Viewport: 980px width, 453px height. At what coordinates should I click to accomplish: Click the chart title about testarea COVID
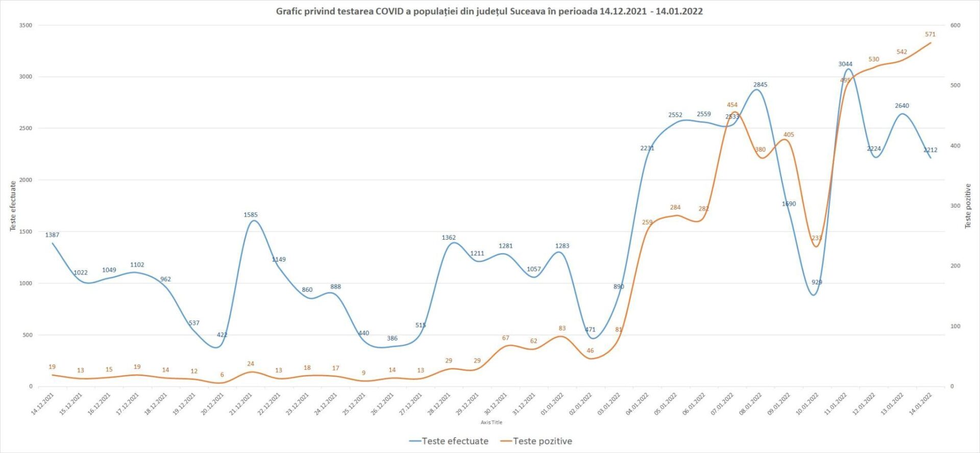[x=489, y=11]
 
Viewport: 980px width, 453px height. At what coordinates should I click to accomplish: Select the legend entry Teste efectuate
[x=449, y=441]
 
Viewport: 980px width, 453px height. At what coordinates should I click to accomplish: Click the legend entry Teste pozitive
[x=536, y=441]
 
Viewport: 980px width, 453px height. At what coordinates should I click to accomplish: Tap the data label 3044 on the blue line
[x=845, y=64]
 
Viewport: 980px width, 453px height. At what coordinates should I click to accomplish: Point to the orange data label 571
[x=930, y=35]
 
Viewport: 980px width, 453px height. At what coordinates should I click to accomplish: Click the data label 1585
[x=251, y=215]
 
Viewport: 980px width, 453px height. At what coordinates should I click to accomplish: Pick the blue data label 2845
[x=760, y=85]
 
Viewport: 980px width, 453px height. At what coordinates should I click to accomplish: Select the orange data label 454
[x=732, y=105]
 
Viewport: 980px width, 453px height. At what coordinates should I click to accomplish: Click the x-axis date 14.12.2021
[x=43, y=404]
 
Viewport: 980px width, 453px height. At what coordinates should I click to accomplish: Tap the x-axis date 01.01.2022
[x=552, y=404]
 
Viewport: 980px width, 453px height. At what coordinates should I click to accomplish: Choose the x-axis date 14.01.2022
[x=921, y=404]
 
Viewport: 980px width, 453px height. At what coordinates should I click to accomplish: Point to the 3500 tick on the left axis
[x=26, y=26]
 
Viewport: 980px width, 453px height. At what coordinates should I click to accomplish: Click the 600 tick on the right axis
[x=955, y=26]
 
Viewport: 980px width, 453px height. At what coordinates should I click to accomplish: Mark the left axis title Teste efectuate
[x=13, y=206]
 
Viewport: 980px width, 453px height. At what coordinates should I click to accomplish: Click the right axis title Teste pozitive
[x=967, y=206]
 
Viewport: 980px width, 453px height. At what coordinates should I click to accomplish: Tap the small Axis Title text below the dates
[x=491, y=422]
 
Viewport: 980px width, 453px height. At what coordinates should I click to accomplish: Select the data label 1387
[x=52, y=235]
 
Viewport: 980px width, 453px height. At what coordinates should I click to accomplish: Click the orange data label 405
[x=789, y=135]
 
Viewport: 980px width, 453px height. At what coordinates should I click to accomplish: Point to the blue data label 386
[x=392, y=338]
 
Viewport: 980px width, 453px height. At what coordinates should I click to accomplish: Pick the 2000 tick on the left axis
[x=26, y=180]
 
